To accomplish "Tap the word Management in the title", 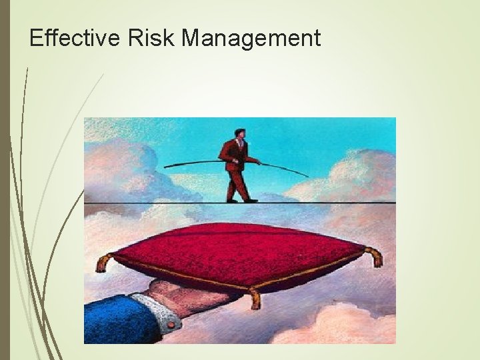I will [251, 39].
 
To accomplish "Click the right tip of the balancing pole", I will [308, 177].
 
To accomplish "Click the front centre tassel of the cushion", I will [255, 299].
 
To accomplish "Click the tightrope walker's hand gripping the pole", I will [257, 161].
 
